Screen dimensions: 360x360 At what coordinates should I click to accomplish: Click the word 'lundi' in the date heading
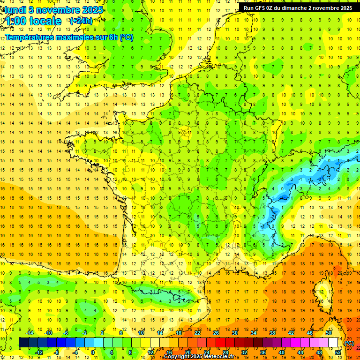(x=15, y=9)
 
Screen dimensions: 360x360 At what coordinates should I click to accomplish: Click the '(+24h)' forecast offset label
(x=81, y=21)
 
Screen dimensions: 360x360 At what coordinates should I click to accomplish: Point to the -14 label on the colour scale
(x=30, y=332)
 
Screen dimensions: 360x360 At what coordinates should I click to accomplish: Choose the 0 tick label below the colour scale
(x=92, y=352)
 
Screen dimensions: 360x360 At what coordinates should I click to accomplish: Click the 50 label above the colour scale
(x=328, y=332)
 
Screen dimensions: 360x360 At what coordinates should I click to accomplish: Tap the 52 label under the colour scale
(x=337, y=352)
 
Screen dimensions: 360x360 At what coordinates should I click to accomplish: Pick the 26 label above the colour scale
(x=216, y=332)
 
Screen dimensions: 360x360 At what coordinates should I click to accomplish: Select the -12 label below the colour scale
(x=39, y=352)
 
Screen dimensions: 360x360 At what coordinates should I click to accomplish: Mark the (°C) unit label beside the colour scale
(x=349, y=343)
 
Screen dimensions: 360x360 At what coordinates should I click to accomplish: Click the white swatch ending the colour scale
(x=333, y=342)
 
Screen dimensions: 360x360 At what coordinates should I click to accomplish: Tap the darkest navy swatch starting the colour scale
(x=23, y=342)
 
